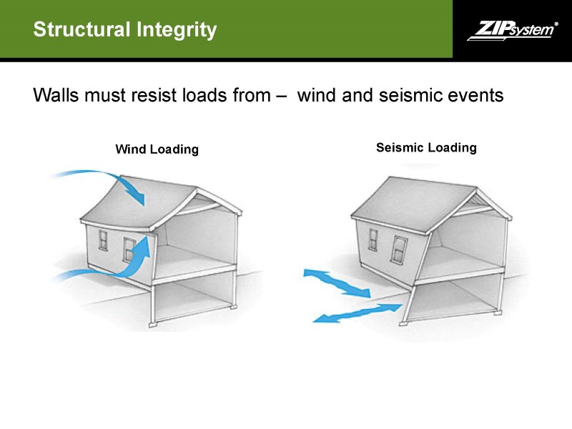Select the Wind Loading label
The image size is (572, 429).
157,149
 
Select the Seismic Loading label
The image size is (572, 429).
426,148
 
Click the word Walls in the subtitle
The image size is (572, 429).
56,95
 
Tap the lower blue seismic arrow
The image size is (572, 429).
357,312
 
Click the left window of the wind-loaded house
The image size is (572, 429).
104,240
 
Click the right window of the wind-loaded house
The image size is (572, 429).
129,249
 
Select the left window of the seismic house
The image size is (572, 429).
373,239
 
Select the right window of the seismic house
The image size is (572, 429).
400,250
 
